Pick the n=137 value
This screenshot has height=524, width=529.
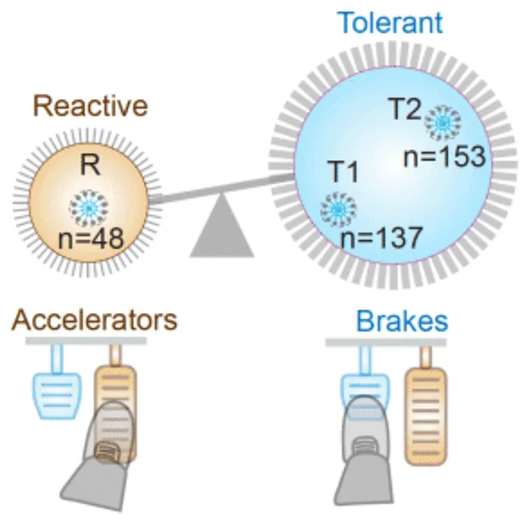(382, 239)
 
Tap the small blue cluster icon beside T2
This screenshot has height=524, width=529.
(443, 121)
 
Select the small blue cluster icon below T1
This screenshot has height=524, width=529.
(337, 208)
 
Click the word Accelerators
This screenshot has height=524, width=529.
(94, 319)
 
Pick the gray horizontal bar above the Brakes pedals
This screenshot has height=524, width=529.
(386, 341)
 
